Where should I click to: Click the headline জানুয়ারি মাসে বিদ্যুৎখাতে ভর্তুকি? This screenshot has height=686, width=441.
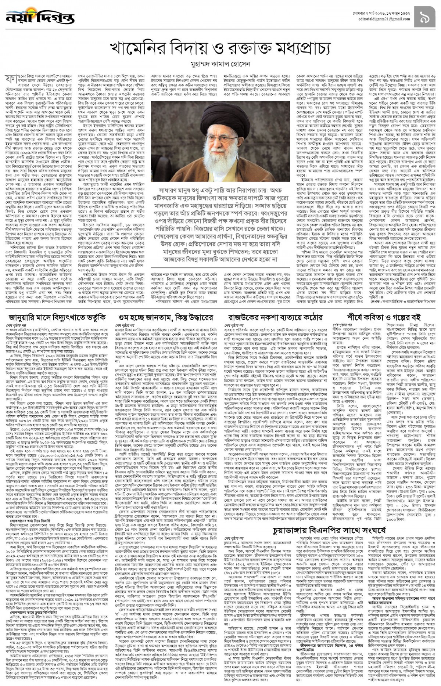pyautogui.click(x=55, y=317)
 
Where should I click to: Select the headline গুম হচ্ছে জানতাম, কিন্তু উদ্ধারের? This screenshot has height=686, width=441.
pyautogui.click(x=165, y=317)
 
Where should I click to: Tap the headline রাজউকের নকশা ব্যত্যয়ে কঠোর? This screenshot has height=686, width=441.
pyautogui.click(x=276, y=317)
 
